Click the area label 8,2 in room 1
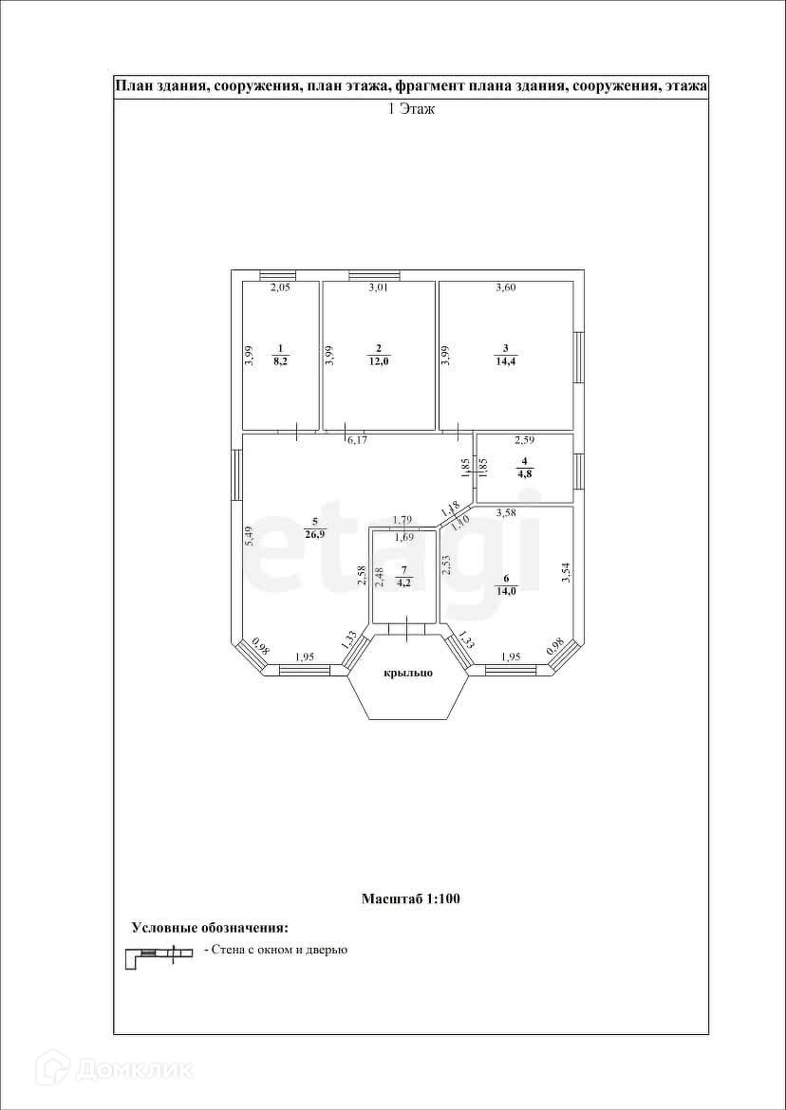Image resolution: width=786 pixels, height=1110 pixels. pyautogui.click(x=280, y=361)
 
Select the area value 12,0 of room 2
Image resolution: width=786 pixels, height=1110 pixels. pyautogui.click(x=378, y=361)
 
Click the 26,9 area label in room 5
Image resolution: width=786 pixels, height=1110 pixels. pyautogui.click(x=314, y=533)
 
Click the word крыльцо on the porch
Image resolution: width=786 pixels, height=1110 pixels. pyautogui.click(x=408, y=673)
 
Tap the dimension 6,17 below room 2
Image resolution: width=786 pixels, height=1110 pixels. pyautogui.click(x=357, y=440)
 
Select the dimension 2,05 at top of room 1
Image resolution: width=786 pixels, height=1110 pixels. pyautogui.click(x=280, y=287)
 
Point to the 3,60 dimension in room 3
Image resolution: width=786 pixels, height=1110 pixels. pyautogui.click(x=506, y=287)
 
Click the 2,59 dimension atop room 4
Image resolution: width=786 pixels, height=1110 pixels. pyautogui.click(x=524, y=440)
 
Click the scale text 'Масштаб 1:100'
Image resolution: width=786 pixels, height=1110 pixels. pyautogui.click(x=411, y=898)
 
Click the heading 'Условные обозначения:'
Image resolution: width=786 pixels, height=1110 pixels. pyautogui.click(x=209, y=927)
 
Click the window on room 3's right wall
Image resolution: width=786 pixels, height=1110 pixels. pyautogui.click(x=578, y=357)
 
